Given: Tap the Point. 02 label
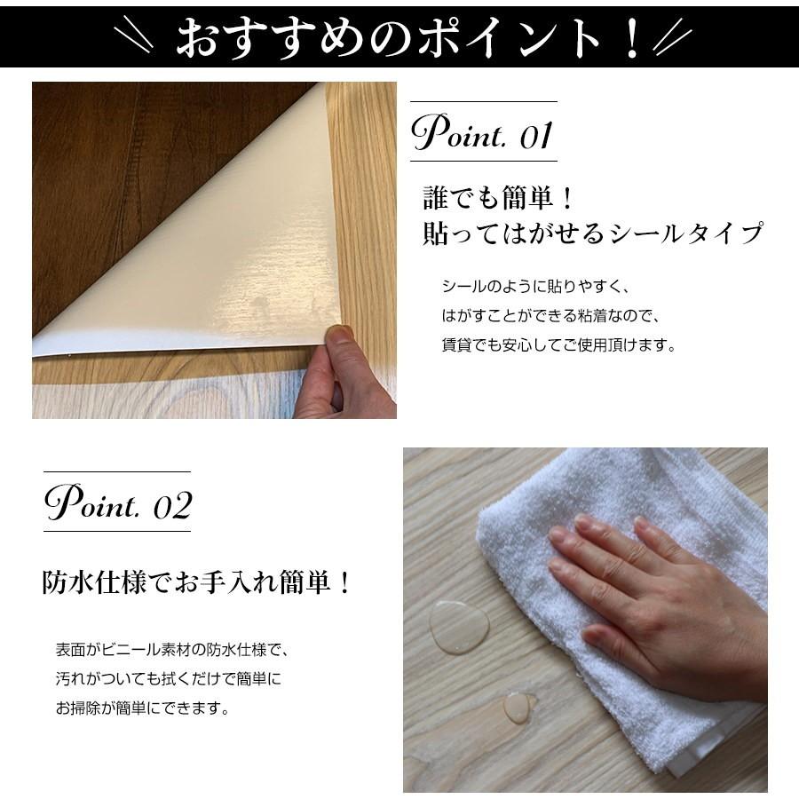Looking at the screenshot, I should click(x=118, y=503).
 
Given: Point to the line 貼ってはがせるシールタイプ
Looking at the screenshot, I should click(x=593, y=233).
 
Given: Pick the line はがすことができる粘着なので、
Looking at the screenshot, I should click(x=551, y=316).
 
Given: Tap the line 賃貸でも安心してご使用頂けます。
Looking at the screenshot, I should click(x=558, y=345).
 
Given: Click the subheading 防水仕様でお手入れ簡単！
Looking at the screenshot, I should click(x=197, y=583).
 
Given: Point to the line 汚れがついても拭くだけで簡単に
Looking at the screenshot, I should click(x=168, y=679).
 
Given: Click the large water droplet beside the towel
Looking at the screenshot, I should click(x=459, y=626).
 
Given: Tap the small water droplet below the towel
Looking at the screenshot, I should click(x=518, y=707).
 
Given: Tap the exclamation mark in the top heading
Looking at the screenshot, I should click(x=631, y=38).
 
